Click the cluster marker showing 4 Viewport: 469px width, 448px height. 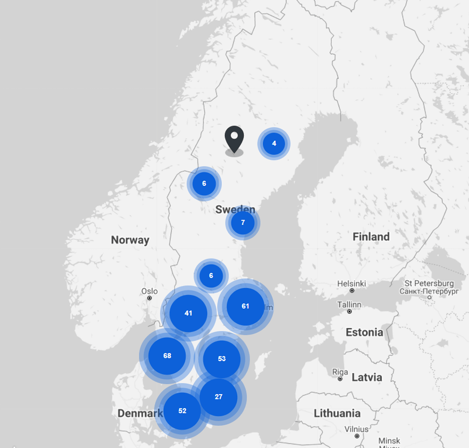(x=274, y=144)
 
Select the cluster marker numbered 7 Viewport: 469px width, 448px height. (x=243, y=223)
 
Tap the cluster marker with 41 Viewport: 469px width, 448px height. (x=188, y=313)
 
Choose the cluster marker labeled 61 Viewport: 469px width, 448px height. (x=245, y=306)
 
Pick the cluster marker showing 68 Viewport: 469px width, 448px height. (x=167, y=356)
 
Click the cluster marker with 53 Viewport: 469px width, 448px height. (x=221, y=359)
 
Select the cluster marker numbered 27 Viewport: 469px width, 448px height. (x=218, y=397)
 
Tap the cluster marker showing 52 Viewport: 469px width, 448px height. (x=182, y=411)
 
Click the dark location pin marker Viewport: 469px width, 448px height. (x=234, y=138)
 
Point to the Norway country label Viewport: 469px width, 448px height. (x=130, y=240)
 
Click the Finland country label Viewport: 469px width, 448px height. (x=371, y=237)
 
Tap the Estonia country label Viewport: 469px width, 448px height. (x=364, y=332)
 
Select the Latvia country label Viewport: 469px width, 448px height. (x=367, y=377)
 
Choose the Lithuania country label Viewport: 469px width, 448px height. (x=337, y=414)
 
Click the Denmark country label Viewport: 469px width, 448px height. (x=140, y=414)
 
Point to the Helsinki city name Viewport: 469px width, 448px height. (x=352, y=284)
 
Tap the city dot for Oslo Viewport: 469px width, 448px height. (x=150, y=298)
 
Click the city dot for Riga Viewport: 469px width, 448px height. (x=340, y=379)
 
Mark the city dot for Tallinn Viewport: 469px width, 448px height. (x=349, y=311)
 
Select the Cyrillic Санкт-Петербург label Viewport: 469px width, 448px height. (x=430, y=291)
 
